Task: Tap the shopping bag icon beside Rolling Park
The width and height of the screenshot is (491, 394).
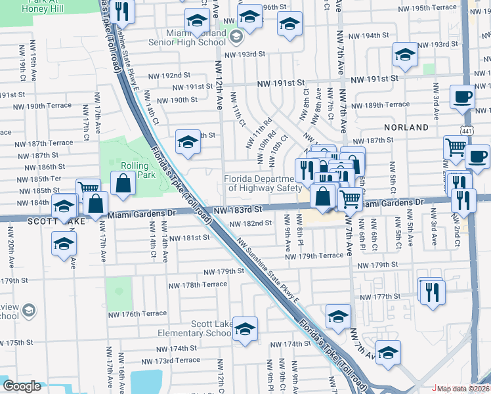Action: pos(123,184)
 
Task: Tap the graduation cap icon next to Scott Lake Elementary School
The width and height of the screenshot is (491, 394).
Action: pos(245,330)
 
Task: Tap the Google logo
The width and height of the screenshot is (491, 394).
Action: pos(22,387)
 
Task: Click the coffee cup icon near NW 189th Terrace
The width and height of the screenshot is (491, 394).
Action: pos(462,98)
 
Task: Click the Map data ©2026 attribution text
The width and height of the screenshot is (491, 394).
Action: pos(463,389)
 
